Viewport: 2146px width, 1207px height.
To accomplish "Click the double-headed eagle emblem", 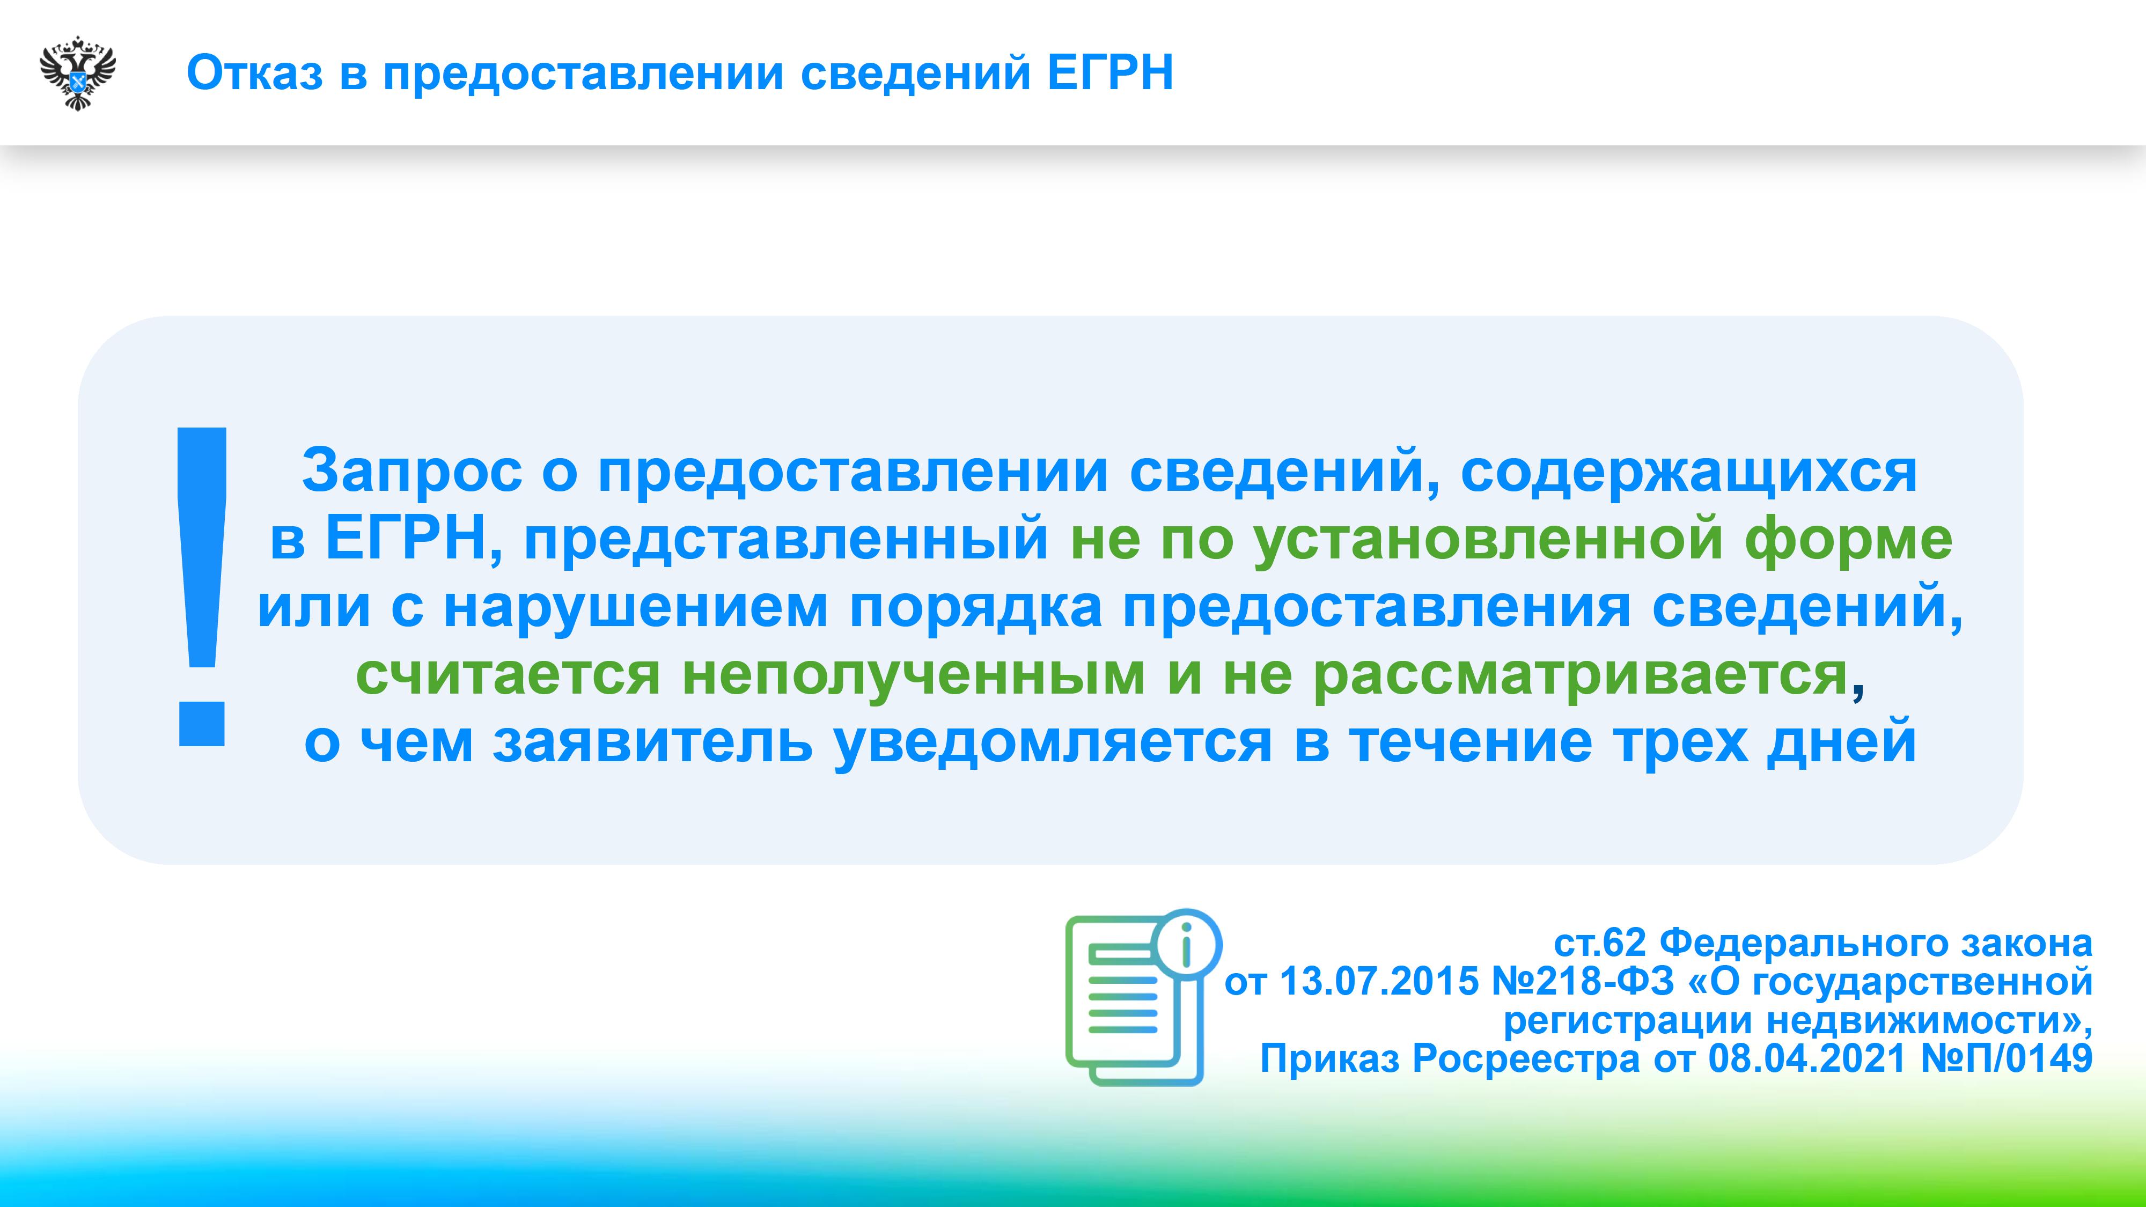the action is click(77, 72).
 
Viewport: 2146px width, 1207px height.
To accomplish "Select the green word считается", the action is click(508, 676).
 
